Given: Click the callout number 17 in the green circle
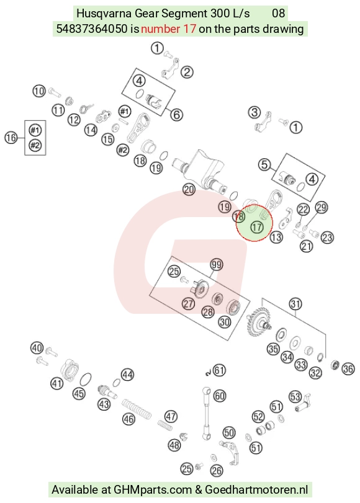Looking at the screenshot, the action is pyautogui.click(x=256, y=228).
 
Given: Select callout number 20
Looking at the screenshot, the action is pyautogui.click(x=189, y=190).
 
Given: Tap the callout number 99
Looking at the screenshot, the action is pyautogui.click(x=217, y=265).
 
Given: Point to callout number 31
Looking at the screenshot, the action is pyautogui.click(x=295, y=304).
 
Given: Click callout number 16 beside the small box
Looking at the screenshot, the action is pyautogui.click(x=11, y=138).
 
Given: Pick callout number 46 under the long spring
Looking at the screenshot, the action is pyautogui.click(x=128, y=419).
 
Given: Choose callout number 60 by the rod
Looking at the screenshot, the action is pyautogui.click(x=219, y=396).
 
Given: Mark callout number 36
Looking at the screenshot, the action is pyautogui.click(x=348, y=369).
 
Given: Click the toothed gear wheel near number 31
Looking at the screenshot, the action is pyautogui.click(x=256, y=322).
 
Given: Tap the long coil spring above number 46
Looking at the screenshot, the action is pyautogui.click(x=137, y=409).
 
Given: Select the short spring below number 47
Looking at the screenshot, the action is pyautogui.click(x=165, y=425).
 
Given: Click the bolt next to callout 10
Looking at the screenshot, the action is pyautogui.click(x=54, y=92).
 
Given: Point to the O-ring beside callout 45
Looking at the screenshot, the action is pyautogui.click(x=85, y=379).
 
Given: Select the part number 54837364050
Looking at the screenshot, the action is pyautogui.click(x=92, y=29).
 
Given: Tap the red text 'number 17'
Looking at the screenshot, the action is pyautogui.click(x=168, y=29).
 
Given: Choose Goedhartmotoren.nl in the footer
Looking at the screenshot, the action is pyautogui.click(x=256, y=490).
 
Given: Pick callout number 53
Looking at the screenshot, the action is pyautogui.click(x=295, y=396).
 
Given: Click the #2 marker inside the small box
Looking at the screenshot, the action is pyautogui.click(x=35, y=145).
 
